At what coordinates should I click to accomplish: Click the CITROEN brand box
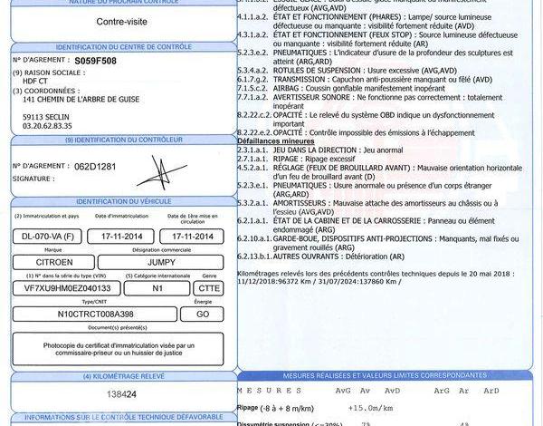point(55,261)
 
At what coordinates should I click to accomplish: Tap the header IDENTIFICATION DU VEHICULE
point(119,200)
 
